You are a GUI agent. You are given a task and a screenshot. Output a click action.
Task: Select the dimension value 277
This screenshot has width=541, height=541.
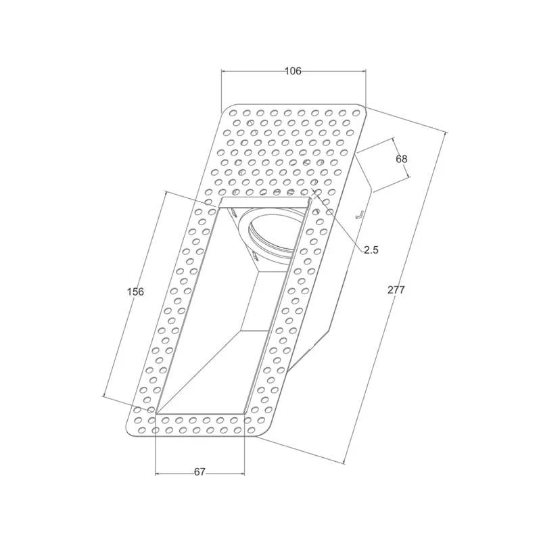click(x=396, y=289)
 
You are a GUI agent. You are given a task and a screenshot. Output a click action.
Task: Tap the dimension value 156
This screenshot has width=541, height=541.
click(x=135, y=291)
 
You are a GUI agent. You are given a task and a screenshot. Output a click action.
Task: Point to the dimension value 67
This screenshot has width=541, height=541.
click(x=199, y=472)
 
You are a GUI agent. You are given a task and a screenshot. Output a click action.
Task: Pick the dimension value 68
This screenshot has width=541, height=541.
click(x=402, y=159)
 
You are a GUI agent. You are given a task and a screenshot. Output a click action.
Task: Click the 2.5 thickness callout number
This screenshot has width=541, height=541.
click(x=371, y=250)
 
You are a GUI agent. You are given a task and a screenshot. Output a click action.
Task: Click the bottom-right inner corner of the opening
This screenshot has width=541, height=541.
click(x=243, y=413)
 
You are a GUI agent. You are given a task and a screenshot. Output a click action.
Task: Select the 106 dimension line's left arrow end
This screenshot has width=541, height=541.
click(x=222, y=71)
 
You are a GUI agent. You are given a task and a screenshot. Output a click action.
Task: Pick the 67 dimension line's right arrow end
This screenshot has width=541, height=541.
click(x=244, y=472)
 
